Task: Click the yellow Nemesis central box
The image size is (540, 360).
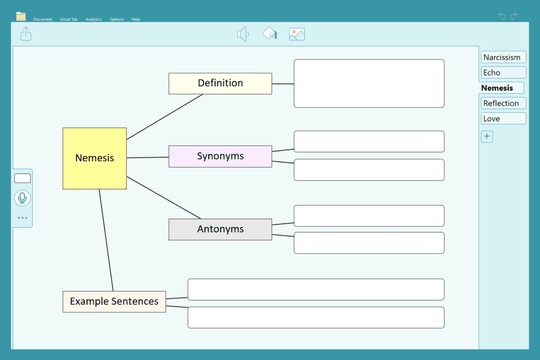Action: coord(95,158)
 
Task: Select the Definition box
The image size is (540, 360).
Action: coord(220,83)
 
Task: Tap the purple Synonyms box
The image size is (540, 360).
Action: coord(220,156)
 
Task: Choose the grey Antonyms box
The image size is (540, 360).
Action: coord(220,229)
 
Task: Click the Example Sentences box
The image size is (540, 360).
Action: coord(114,301)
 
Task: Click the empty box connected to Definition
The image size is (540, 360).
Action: coord(369,83)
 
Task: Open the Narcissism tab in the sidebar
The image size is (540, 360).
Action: coord(503,57)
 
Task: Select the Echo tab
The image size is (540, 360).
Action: coord(503,73)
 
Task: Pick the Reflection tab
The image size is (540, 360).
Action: coord(503,103)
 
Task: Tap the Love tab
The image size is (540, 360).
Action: coord(503,119)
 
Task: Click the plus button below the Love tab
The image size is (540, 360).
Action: coord(487,137)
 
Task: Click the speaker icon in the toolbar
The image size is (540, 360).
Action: coord(243,34)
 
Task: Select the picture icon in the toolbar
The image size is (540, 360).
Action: coord(297,34)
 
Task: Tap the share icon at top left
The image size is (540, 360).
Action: coord(26,34)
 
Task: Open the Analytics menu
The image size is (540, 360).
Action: coord(94,20)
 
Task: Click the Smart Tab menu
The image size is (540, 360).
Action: coord(69,20)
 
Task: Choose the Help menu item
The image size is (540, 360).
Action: coord(136,20)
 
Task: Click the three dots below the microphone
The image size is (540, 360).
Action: coord(22,218)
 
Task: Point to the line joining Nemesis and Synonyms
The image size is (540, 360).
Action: coord(148,158)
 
